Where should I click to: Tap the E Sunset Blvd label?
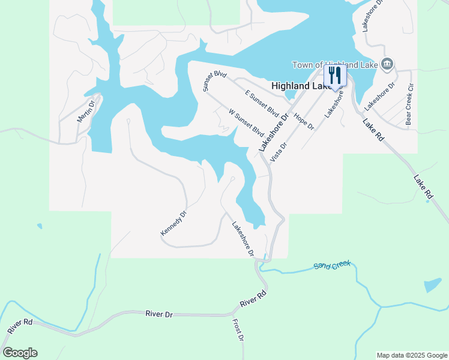pyautogui.click(x=262, y=103)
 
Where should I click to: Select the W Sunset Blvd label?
pyautogui.click(x=246, y=122)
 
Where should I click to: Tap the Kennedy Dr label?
pyautogui.click(x=174, y=223)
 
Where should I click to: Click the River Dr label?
pyautogui.click(x=159, y=314)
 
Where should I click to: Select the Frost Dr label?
pyautogui.click(x=238, y=331)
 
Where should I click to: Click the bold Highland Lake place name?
pyautogui.click(x=298, y=86)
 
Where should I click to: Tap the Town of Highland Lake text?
pyautogui.click(x=334, y=65)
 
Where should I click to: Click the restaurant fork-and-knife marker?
pyautogui.click(x=335, y=75)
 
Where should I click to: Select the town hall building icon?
pyautogui.click(x=387, y=64)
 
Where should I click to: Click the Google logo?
pyautogui.click(x=20, y=353)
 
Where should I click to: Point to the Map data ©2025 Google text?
pyautogui.click(x=412, y=355)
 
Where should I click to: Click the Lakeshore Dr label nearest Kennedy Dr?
pyautogui.click(x=243, y=239)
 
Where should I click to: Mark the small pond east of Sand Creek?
pyautogui.click(x=432, y=285)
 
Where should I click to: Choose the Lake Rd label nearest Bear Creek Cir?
pyautogui.click(x=373, y=130)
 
